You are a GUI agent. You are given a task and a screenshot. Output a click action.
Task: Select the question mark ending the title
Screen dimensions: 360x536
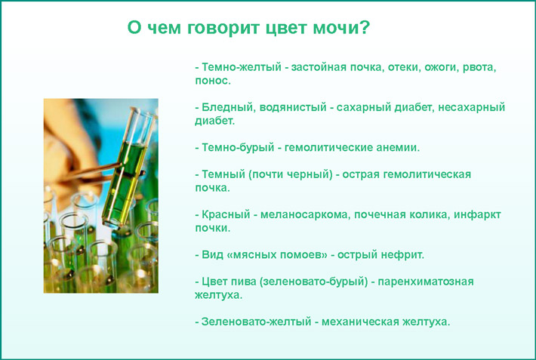364,28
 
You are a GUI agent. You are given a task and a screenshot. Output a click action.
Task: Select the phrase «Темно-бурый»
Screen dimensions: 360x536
231,147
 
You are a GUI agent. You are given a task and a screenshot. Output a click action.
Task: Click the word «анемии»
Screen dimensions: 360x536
396,147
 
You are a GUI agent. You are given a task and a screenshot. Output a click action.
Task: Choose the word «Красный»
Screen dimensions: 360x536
226,214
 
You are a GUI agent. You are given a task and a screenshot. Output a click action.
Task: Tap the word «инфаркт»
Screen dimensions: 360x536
478,214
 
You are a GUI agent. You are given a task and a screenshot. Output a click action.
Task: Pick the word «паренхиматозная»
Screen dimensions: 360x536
431,282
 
